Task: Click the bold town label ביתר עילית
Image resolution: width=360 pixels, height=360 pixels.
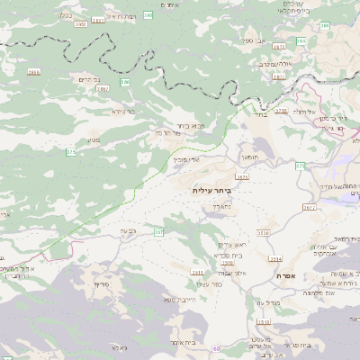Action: click(211, 192)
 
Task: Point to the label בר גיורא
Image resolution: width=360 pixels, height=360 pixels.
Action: click(124, 112)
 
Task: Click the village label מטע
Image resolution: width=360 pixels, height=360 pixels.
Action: click(94, 139)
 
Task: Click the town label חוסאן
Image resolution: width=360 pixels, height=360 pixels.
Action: click(250, 157)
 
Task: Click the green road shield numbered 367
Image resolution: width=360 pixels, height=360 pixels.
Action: click(158, 232)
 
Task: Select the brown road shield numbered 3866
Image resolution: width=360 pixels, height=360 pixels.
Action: click(34, 71)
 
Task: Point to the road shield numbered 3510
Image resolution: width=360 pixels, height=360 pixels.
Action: click(264, 233)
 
